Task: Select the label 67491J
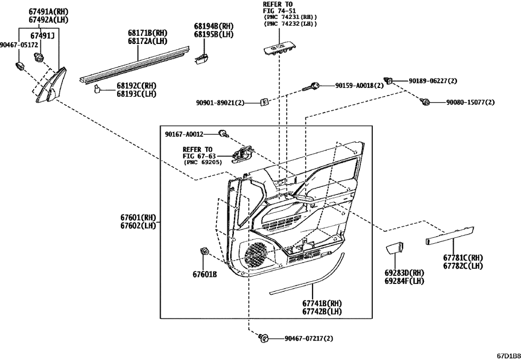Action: (42, 36)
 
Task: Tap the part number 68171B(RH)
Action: (133, 33)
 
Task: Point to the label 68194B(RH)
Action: (214, 26)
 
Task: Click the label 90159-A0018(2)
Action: (359, 85)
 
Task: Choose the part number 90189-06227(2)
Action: (433, 81)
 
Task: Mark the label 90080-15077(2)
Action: (470, 102)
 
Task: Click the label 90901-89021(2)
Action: (220, 102)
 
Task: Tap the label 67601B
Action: (205, 275)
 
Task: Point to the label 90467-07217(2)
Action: (308, 338)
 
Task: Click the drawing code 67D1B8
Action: (508, 356)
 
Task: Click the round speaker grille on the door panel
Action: (260, 253)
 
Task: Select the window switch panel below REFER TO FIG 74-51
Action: (280, 49)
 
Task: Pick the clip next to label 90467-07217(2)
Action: (264, 338)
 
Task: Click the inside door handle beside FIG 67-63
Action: (243, 154)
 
